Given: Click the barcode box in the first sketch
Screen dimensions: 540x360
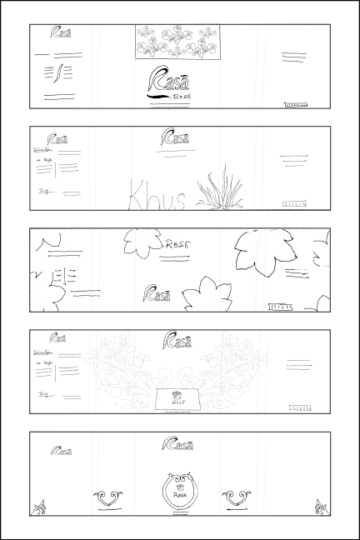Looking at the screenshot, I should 296,105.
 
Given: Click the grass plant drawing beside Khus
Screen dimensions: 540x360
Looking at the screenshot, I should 218,188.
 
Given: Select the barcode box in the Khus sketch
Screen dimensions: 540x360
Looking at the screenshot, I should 296,203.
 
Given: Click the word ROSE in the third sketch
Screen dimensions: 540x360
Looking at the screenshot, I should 177,245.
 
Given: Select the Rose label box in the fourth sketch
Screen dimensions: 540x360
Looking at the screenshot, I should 177,400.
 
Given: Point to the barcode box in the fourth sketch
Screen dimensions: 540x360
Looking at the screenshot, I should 300,407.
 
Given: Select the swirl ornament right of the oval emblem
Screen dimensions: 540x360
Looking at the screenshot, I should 237,497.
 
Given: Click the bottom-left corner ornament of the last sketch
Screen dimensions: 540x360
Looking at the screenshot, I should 38,506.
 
